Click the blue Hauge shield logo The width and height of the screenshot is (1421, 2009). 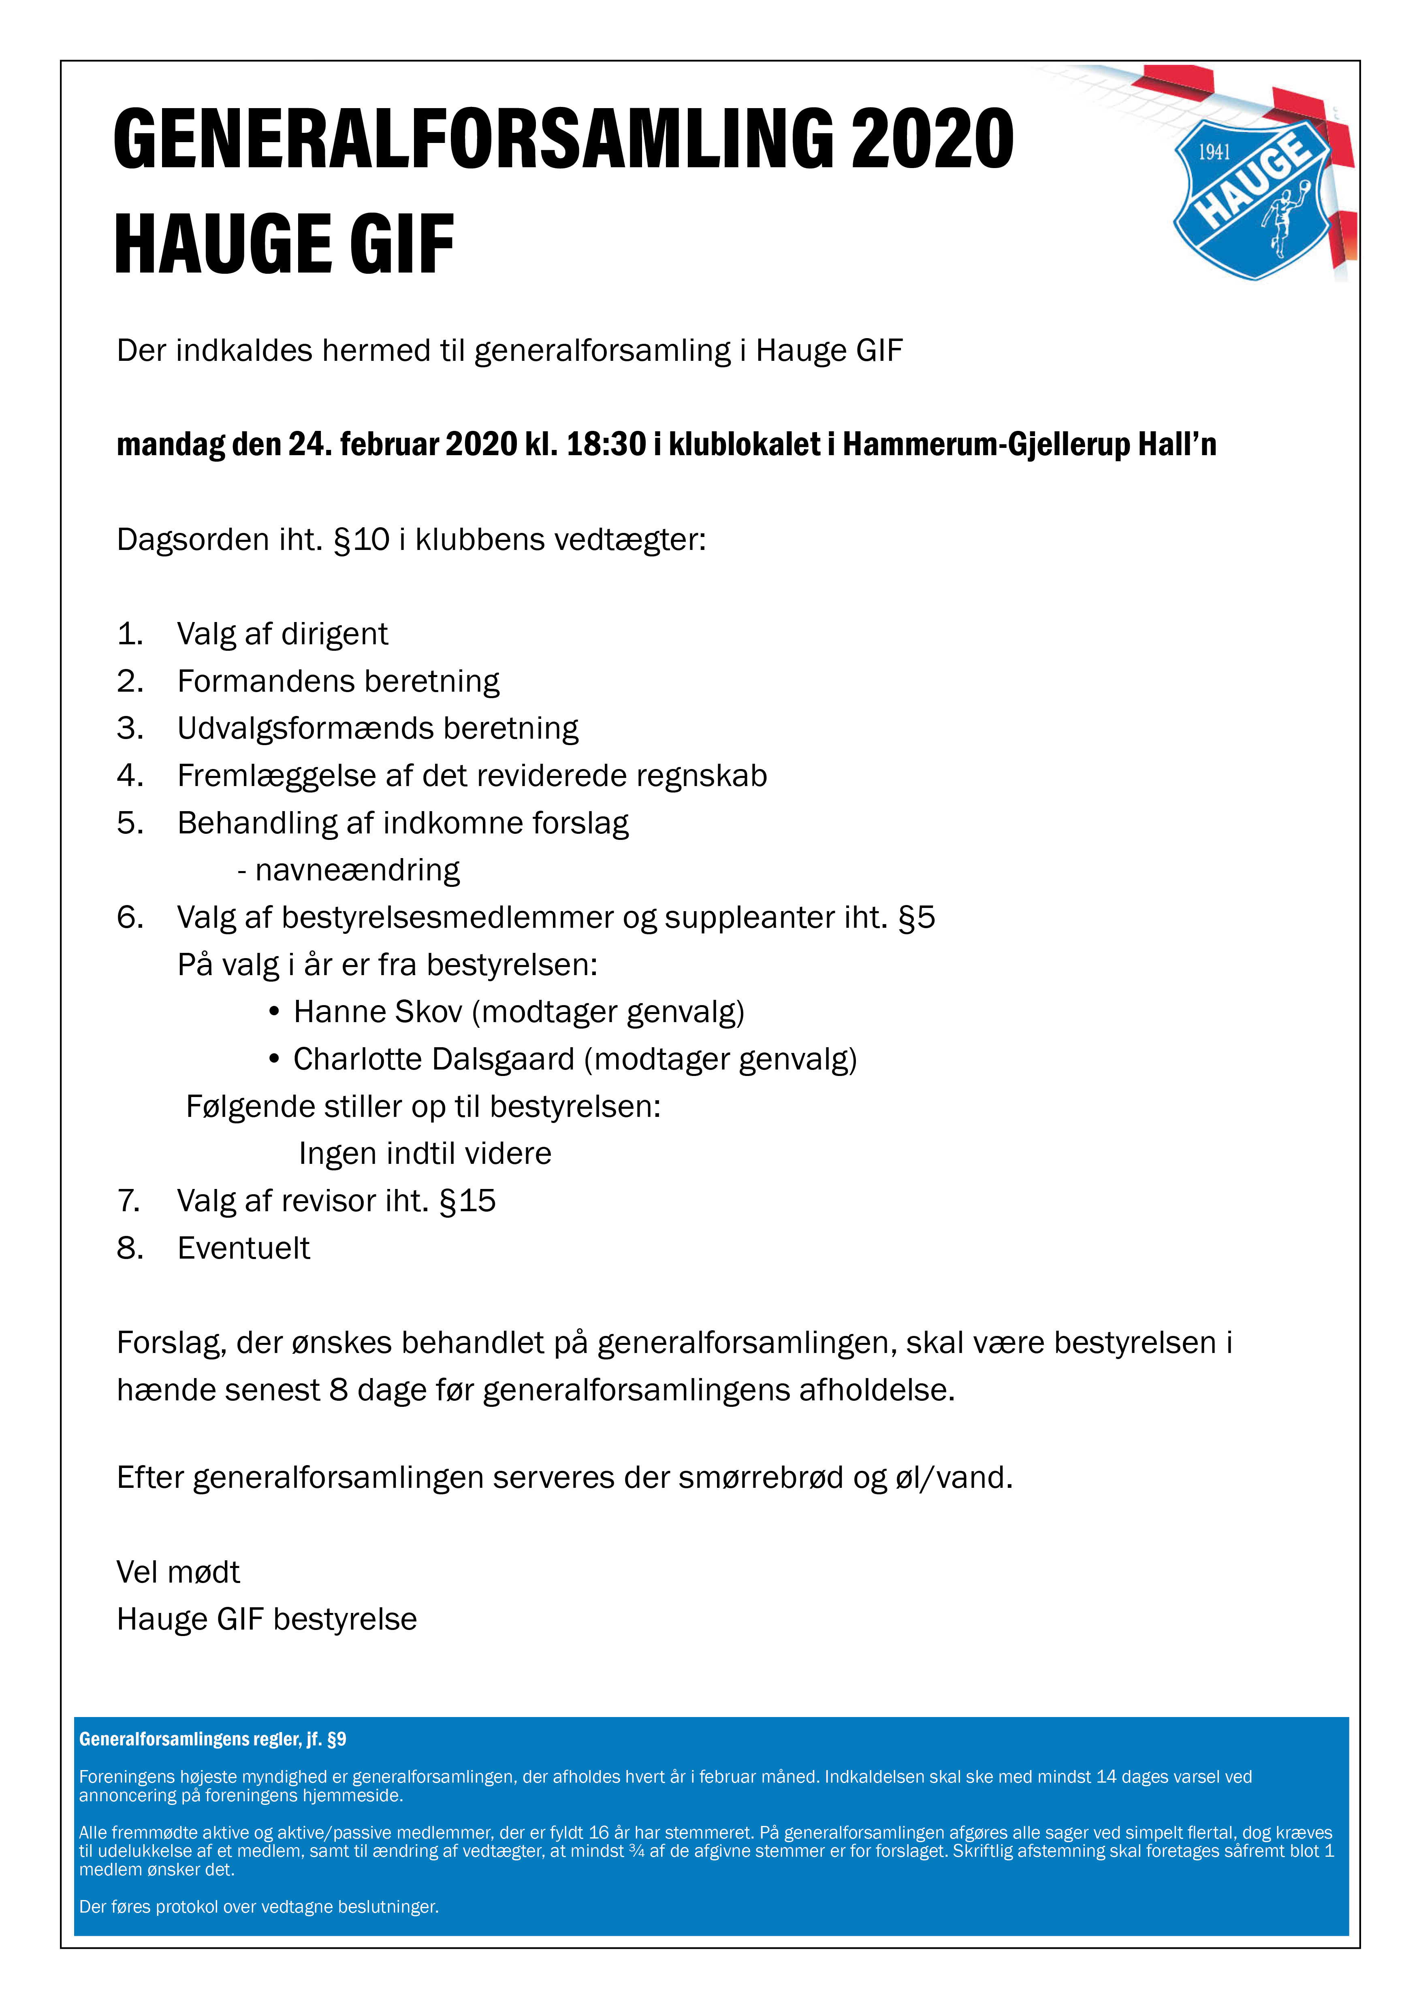tap(1253, 200)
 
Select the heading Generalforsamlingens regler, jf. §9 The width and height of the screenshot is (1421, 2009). tap(213, 1738)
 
